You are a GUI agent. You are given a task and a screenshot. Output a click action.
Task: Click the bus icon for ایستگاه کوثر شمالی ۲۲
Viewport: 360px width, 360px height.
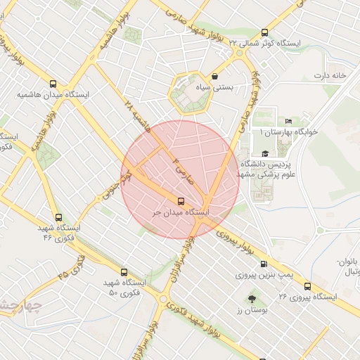[x=264, y=32]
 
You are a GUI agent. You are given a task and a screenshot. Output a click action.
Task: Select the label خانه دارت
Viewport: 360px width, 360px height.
[x=331, y=75]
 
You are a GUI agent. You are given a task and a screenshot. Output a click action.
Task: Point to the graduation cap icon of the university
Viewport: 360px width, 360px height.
[x=264, y=154]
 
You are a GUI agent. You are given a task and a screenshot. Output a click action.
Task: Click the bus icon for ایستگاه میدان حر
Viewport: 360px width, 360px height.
[x=182, y=200]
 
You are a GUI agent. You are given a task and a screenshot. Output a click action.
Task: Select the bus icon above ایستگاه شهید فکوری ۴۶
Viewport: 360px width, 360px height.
[x=58, y=218]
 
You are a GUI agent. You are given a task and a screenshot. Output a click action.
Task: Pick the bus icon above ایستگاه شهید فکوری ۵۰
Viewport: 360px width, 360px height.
[x=124, y=271]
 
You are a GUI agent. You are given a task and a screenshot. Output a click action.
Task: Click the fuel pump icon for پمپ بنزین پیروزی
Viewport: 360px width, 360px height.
[x=264, y=264]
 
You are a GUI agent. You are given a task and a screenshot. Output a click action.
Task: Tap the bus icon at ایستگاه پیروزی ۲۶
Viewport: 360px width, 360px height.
[x=307, y=286]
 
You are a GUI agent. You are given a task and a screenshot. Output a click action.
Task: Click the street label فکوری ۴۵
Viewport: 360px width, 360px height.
[x=72, y=265]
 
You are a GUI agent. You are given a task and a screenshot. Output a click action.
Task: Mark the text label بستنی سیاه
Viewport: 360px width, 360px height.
[x=233, y=89]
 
